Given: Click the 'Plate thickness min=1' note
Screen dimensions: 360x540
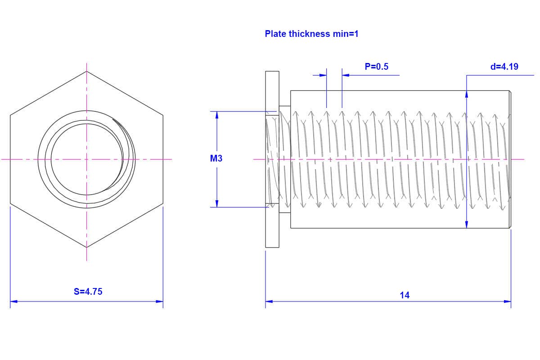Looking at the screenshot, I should pos(311,34).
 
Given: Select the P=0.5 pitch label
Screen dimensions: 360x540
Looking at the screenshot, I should pos(376,67).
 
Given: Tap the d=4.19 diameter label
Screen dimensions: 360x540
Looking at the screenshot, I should pos(504,67).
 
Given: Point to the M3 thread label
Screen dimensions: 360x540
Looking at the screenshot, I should pos(216,158).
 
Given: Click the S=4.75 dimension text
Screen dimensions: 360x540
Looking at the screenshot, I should pos(88,292).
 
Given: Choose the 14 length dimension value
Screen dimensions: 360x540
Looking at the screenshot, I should pos(405,295).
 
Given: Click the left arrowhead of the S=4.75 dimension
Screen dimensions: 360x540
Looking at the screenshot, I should pos(13,301).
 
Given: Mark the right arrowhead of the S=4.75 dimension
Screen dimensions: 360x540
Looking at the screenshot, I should pos(160,301).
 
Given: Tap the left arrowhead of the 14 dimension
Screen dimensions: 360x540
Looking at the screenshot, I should pos(269,301).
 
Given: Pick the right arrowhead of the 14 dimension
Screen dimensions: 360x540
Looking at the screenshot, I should pos(508,301).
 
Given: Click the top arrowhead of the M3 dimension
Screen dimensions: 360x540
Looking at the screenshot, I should pos(217,115).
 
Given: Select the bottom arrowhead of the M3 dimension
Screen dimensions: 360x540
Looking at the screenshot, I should pos(217,204).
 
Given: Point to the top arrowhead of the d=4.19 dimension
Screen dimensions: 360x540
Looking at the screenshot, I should pos(467,94).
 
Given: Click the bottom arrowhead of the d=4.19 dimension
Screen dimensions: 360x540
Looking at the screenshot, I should pos(467,224).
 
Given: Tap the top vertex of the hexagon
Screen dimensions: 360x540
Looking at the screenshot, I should pos(86,71).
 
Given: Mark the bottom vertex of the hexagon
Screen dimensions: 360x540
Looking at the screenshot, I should pos(86,247).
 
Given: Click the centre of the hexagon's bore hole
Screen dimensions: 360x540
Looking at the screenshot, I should pos(86,159).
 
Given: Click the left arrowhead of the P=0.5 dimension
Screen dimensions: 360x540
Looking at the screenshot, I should pos(323,75).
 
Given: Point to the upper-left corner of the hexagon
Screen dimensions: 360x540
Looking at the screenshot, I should pos(10,115).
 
